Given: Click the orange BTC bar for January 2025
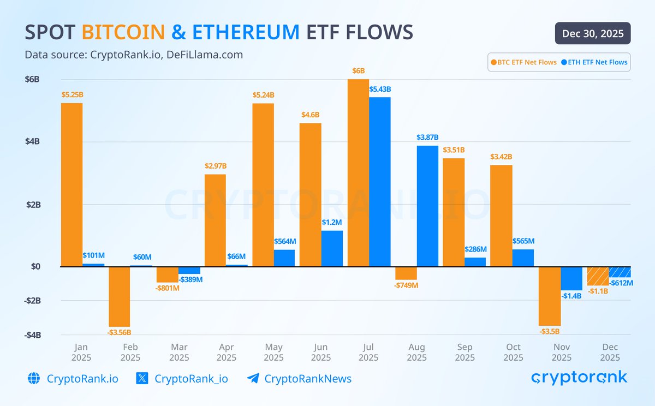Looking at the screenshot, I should coord(72,184).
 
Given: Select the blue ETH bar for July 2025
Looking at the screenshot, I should coord(379,182).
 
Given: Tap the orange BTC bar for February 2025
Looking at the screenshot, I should coord(120,296).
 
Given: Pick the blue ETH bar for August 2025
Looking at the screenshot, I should coord(427,206).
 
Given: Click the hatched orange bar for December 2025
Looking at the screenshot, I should coord(598,276).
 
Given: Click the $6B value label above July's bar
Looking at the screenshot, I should coord(358,71).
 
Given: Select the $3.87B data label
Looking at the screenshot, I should coord(427,138).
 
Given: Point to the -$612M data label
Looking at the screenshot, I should coord(621,283).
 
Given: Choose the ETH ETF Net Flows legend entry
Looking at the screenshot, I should coord(594,62).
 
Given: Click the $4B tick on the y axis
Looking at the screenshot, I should coord(32,142).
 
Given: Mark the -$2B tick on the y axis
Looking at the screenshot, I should coord(32,301).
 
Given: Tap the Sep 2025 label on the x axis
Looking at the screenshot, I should coord(465,352).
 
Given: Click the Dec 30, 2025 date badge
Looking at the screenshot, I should coord(593,33).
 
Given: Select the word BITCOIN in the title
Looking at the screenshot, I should coord(123,32).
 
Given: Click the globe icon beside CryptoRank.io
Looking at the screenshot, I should coord(34,379).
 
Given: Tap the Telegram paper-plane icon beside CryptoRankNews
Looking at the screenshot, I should coord(253,379).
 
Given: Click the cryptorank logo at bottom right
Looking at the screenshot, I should coord(579,377).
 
